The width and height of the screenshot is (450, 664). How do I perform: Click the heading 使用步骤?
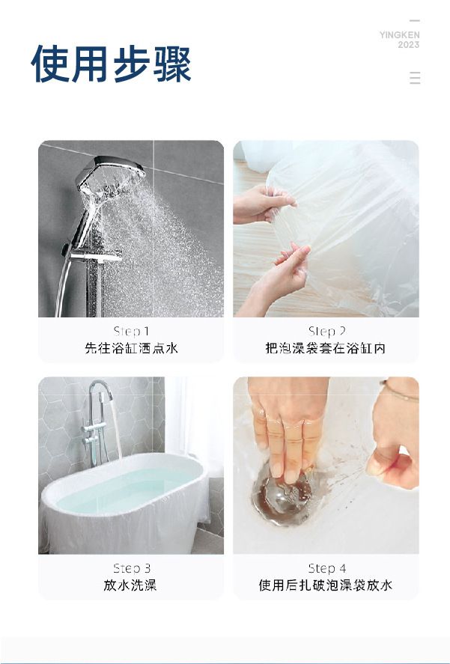(x=111, y=64)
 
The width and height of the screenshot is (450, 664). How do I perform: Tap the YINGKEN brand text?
(x=400, y=34)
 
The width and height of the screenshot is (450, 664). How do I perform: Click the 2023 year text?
(x=409, y=45)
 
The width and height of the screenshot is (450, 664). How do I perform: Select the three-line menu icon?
(x=416, y=78)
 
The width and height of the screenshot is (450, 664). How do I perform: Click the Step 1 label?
(x=131, y=331)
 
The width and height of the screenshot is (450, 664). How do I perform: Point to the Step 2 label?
(x=326, y=331)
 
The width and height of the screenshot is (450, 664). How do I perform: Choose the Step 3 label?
(x=132, y=568)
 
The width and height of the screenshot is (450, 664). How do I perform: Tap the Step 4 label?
(x=327, y=568)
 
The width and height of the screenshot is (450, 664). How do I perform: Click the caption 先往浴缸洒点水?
(x=131, y=348)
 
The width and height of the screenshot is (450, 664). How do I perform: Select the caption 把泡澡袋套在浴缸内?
(x=326, y=348)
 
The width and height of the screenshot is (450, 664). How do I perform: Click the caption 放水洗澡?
(x=130, y=585)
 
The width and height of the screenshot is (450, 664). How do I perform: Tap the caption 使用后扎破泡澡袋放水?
(x=326, y=585)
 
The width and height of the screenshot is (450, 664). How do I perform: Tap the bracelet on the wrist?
(x=398, y=392)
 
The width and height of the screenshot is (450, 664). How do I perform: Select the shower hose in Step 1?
(x=61, y=289)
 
